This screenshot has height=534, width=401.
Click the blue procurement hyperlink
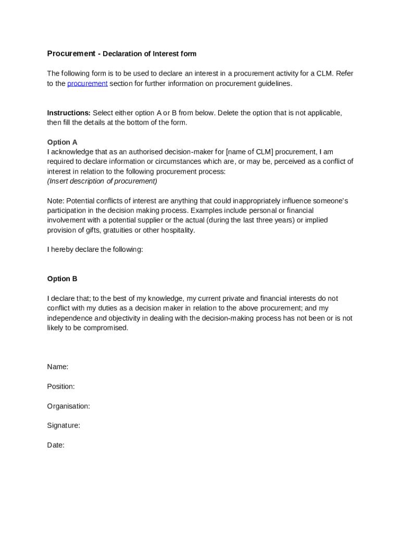87,83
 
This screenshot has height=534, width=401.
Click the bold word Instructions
69,113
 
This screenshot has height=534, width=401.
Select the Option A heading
62,142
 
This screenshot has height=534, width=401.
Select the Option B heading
62,279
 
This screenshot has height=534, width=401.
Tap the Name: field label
58,367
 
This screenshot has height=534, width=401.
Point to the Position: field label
61,386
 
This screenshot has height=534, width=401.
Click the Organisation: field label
68,406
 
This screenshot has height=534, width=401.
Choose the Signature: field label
64,426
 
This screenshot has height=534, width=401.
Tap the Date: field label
56,445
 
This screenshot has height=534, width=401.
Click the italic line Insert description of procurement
102,181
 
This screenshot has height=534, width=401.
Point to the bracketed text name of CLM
249,152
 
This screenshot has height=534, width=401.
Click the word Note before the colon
55,201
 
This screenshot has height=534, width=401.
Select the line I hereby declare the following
95,250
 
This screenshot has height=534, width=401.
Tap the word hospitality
177,230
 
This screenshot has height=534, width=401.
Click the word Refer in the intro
345,74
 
